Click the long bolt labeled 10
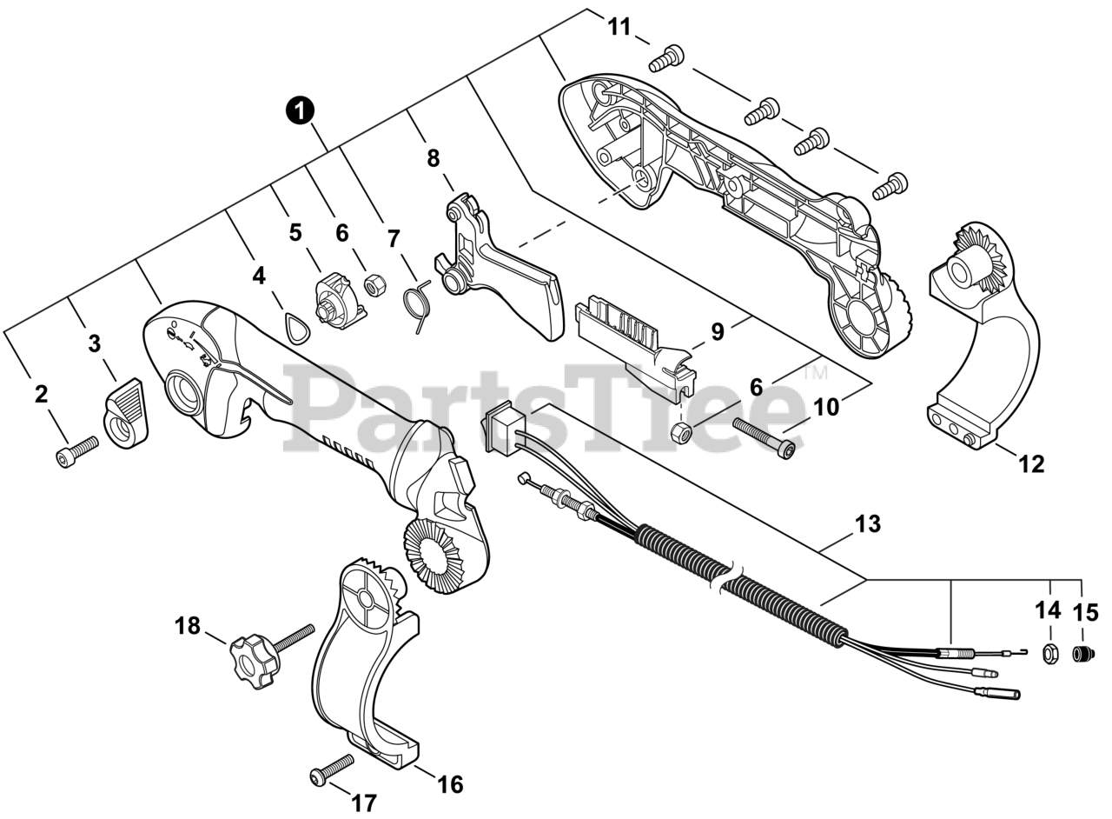click(x=764, y=437)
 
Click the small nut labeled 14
click(x=1049, y=652)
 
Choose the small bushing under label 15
click(x=1082, y=653)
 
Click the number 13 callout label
click(x=867, y=524)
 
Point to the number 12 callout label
click(x=1031, y=463)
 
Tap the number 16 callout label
click(x=449, y=784)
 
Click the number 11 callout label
click(x=619, y=27)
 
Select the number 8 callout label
click(x=433, y=158)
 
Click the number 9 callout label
click(x=717, y=332)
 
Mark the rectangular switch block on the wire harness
click(x=501, y=426)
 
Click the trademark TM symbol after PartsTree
click(x=815, y=373)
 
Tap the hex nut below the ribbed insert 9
click(x=684, y=431)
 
